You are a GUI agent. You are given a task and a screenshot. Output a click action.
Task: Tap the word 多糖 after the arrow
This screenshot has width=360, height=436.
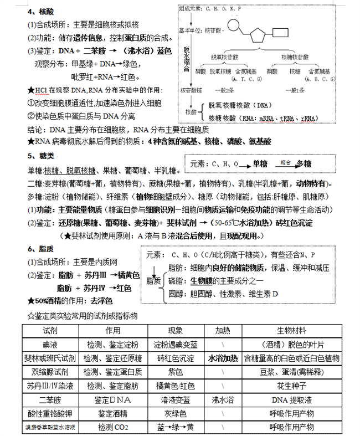pos(303,164)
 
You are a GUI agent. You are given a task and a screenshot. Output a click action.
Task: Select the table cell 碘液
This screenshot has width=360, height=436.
pos(50,345)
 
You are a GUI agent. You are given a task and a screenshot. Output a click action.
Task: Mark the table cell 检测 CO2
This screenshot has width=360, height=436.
pos(112,427)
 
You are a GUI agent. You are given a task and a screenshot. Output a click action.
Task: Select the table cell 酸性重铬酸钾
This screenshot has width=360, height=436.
pos(50,413)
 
